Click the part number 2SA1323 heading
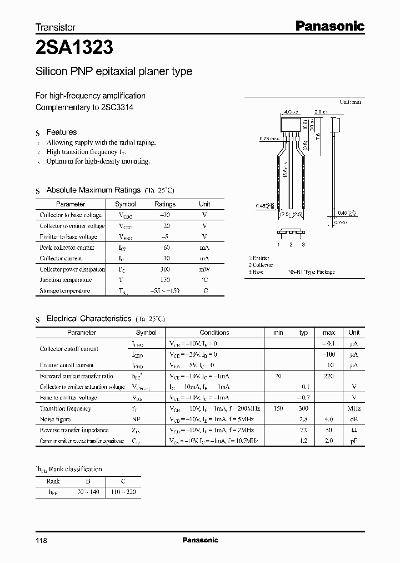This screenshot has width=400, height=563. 74,48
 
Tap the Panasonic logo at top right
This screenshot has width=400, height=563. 329,26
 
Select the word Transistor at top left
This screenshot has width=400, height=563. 56,27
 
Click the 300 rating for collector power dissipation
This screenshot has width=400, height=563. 165,269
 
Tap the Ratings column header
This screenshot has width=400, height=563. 164,204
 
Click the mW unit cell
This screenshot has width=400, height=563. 204,269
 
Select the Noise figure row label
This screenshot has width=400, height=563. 55,419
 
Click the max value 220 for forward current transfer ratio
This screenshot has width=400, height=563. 328,376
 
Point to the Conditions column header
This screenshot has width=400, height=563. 214,333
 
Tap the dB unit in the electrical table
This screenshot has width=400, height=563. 354,419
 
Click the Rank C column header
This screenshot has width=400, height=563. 123,481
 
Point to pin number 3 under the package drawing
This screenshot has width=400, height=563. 303,245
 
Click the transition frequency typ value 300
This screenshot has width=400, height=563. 303,408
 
